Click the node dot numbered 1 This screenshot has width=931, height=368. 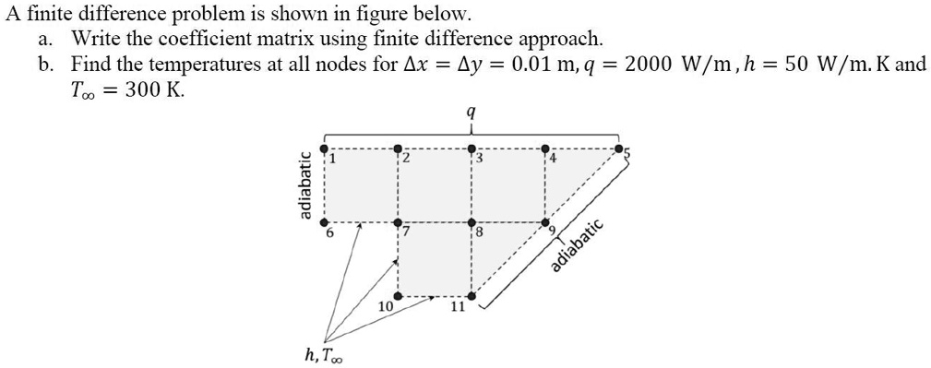(x=324, y=148)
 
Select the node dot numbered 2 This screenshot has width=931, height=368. (x=398, y=148)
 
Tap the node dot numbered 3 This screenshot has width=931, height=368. (x=471, y=148)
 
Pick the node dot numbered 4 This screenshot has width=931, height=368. (x=545, y=148)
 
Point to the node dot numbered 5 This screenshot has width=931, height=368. (x=619, y=148)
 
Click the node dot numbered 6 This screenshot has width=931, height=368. (x=324, y=222)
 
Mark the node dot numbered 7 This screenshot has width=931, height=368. (x=398, y=222)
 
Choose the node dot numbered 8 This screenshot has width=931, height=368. (x=471, y=222)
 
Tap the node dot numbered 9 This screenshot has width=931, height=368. (x=545, y=222)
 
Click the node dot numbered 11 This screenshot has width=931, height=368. (x=471, y=296)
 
